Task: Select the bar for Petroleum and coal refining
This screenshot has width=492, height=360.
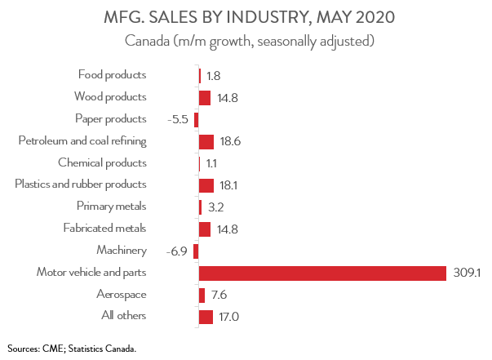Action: point(206,141)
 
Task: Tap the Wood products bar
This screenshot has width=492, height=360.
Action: point(205,97)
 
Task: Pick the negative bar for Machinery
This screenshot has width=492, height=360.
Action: point(196,251)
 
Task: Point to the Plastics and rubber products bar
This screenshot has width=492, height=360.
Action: point(206,185)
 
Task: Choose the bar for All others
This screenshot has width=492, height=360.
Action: point(206,317)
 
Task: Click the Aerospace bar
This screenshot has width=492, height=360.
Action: point(202,295)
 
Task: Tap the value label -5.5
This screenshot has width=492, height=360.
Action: point(177,119)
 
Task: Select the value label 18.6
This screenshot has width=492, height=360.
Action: point(231,141)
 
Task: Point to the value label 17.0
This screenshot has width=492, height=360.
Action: point(229,317)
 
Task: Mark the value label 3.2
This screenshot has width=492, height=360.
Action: point(215,207)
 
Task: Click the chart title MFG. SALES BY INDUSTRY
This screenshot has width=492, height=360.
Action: point(246,17)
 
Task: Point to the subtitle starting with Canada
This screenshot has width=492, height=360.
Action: point(246,40)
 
